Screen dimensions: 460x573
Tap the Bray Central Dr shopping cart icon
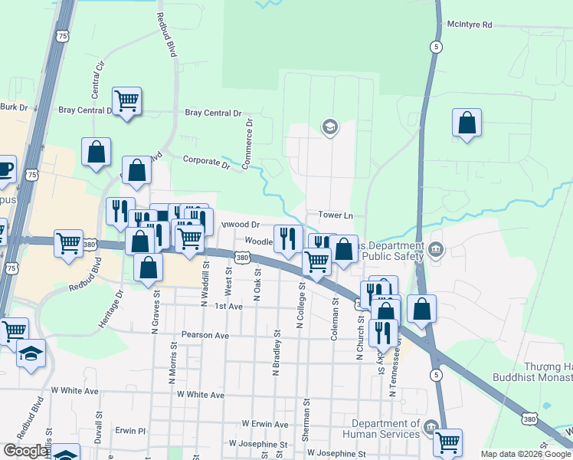click(126, 101)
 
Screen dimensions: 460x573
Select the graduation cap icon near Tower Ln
click(329, 127)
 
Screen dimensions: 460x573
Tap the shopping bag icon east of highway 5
click(467, 123)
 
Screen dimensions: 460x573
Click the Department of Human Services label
click(386, 429)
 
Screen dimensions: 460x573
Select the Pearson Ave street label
click(205, 335)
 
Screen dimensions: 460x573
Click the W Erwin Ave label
click(264, 423)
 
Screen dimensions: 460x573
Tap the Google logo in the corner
click(25, 451)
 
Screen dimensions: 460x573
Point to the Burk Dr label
click(13, 107)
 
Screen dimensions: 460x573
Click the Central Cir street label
click(97, 77)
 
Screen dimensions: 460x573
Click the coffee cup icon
click(4, 168)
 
